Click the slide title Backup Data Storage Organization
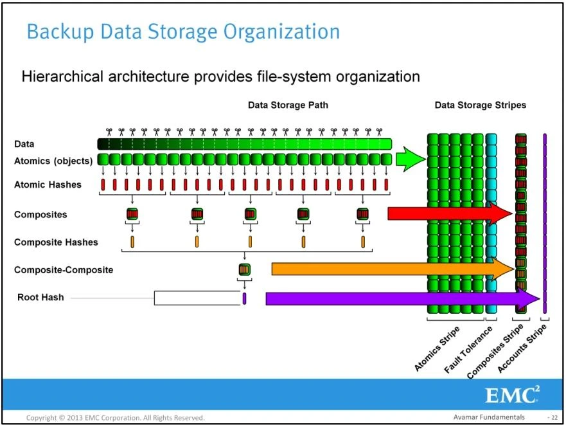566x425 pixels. (x=182, y=32)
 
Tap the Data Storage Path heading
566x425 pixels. (x=288, y=105)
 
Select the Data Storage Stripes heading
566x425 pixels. (x=480, y=105)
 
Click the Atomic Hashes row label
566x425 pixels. (x=48, y=185)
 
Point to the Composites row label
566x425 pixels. (x=40, y=215)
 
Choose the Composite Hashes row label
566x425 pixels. (x=56, y=242)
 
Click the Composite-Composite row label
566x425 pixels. (x=64, y=270)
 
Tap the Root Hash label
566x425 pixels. (x=40, y=298)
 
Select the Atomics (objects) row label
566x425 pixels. (x=53, y=161)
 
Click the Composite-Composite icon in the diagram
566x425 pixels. (x=244, y=269)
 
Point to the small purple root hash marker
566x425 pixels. (x=245, y=298)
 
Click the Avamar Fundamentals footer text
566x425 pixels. (x=488, y=418)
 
